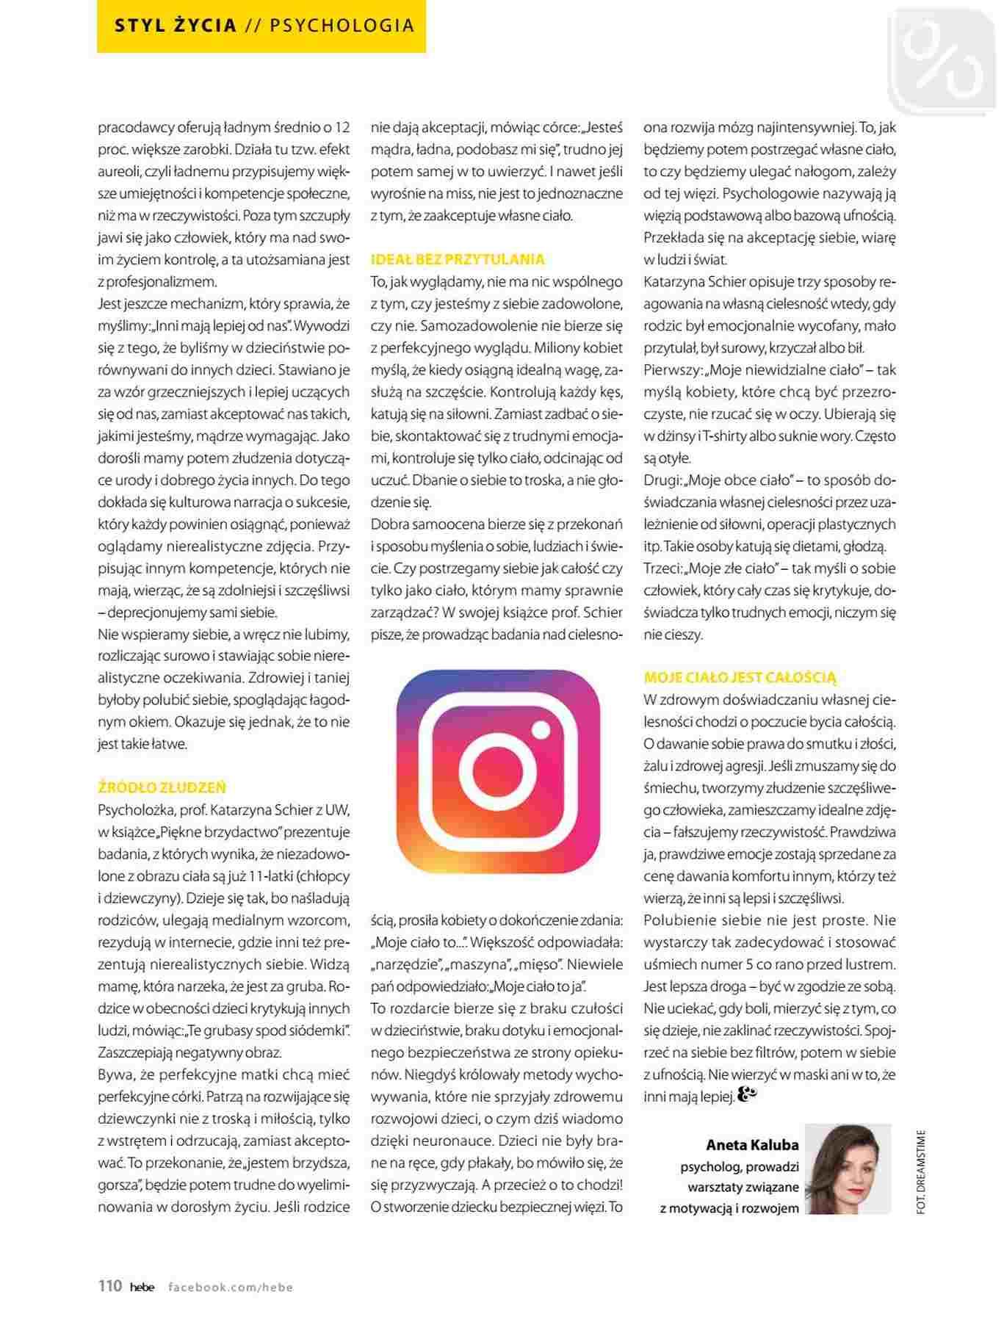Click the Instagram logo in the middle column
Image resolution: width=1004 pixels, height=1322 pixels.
pyautogui.click(x=498, y=771)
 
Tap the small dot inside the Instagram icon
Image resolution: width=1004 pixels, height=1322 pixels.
pyautogui.click(x=541, y=731)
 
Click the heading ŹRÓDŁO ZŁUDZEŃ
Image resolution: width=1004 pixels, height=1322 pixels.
pyautogui.click(x=162, y=787)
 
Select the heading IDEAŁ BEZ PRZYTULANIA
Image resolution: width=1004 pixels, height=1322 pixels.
pyautogui.click(x=458, y=259)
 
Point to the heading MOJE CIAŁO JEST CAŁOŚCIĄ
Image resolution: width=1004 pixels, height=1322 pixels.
pyautogui.click(x=740, y=677)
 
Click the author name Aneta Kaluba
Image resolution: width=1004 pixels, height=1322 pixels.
pyautogui.click(x=752, y=1144)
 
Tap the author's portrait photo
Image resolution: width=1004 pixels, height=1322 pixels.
pyautogui.click(x=848, y=1168)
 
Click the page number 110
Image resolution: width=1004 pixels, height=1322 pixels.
pyautogui.click(x=110, y=1286)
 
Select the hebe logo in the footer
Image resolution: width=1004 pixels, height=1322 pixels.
pyautogui.click(x=142, y=1287)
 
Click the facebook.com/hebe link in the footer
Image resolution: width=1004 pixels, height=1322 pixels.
pyautogui.click(x=231, y=1287)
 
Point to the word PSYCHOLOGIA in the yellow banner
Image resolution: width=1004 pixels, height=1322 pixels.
pyautogui.click(x=342, y=26)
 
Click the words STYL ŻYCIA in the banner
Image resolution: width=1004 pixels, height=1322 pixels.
pyautogui.click(x=176, y=26)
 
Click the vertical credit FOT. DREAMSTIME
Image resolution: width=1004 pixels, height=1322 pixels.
pyautogui.click(x=921, y=1172)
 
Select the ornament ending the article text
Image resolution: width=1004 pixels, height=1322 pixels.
pyautogui.click(x=746, y=1096)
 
